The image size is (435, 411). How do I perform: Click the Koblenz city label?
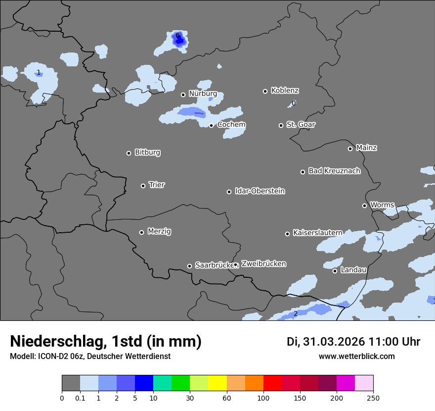(x=285, y=91)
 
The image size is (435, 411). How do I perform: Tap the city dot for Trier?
(x=143, y=186)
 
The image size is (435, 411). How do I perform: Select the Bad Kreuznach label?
(x=334, y=171)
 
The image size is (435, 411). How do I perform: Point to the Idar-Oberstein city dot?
(x=229, y=192)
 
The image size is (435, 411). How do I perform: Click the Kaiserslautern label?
(x=317, y=233)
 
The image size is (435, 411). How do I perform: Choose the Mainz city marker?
(x=350, y=149)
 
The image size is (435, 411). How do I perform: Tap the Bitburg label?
(x=147, y=153)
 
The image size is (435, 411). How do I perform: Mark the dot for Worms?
(x=365, y=205)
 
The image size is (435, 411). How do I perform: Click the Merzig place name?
(x=160, y=231)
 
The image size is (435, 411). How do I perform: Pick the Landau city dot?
(x=335, y=271)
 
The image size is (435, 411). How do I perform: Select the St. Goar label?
(x=301, y=124)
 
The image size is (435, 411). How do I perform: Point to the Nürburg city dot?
(x=183, y=95)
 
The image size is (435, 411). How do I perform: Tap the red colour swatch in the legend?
(x=272, y=383)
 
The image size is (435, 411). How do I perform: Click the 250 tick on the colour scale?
(x=373, y=398)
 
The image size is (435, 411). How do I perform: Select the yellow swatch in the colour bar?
(x=217, y=383)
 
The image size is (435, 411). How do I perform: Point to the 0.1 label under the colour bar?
(x=80, y=398)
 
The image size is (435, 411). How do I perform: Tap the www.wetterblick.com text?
(x=356, y=357)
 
